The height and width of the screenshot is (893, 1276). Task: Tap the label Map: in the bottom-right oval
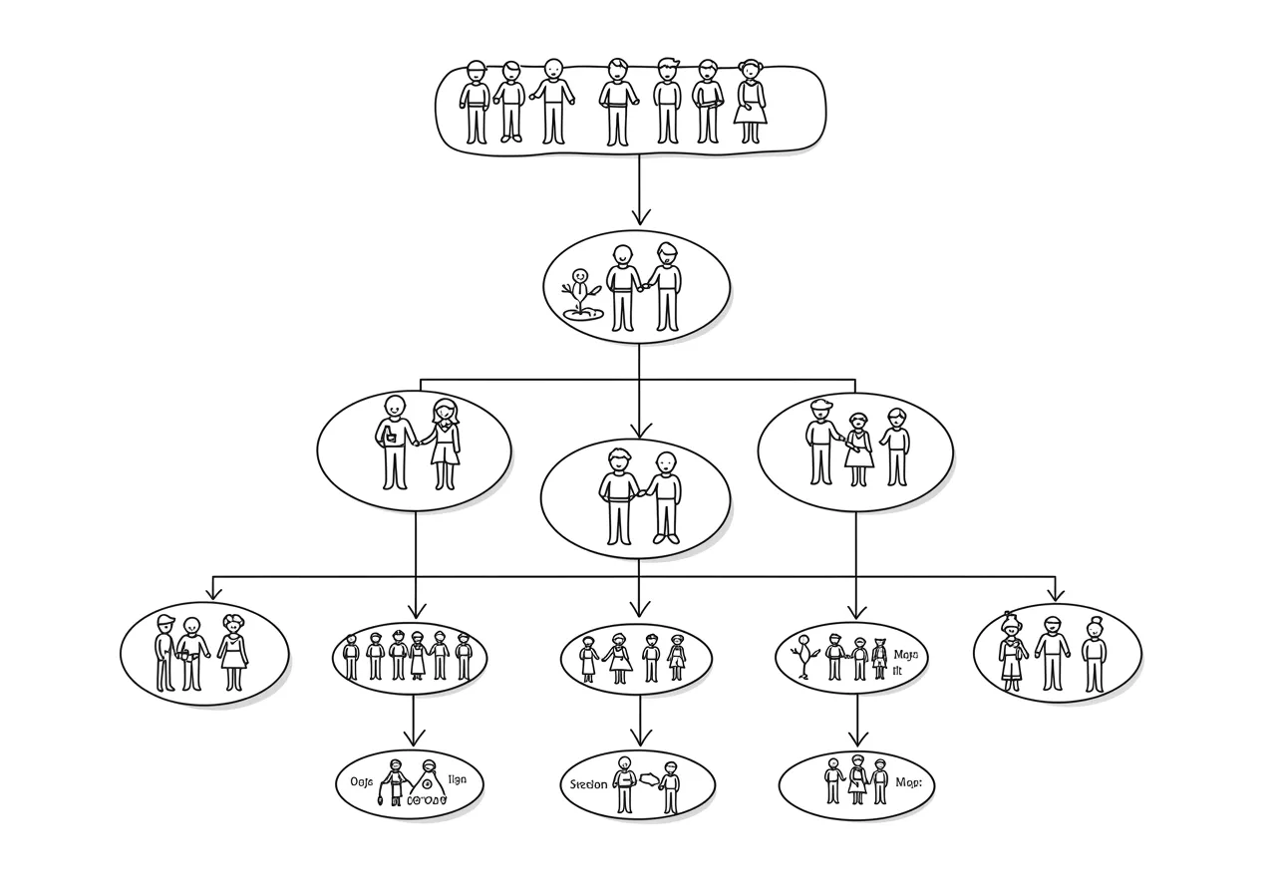pos(908,782)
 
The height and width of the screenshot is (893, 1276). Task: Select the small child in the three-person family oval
pos(858,448)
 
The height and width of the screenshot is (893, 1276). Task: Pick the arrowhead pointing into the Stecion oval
pos(638,741)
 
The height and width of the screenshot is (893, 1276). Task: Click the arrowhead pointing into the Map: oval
pos(856,741)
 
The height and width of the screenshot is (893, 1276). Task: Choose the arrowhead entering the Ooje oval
pos(414,739)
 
